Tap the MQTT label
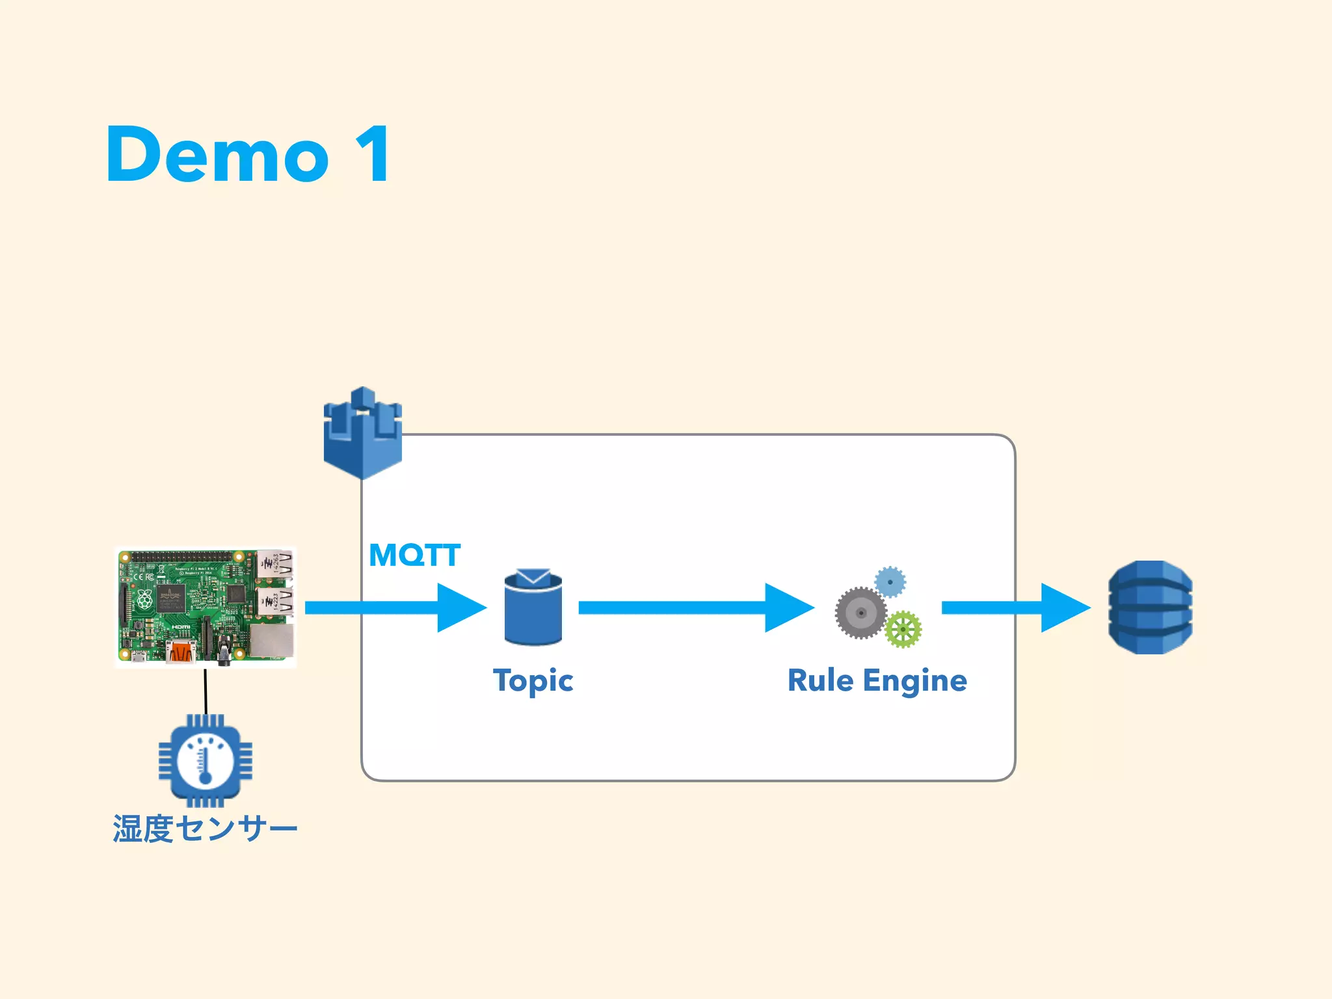click(414, 555)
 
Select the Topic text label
click(533, 680)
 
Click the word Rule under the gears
click(820, 680)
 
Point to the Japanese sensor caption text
click(205, 829)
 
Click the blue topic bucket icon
click(533, 609)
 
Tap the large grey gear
click(860, 613)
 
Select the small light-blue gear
click(890, 581)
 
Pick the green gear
click(903, 629)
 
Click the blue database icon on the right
click(1150, 607)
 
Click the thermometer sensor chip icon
click(206, 760)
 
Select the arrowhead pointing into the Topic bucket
click(460, 607)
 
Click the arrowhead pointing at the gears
click(788, 607)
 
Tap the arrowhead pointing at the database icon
click(1064, 607)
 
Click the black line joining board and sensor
click(206, 691)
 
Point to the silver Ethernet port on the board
click(272, 641)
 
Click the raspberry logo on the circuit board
click(144, 599)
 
